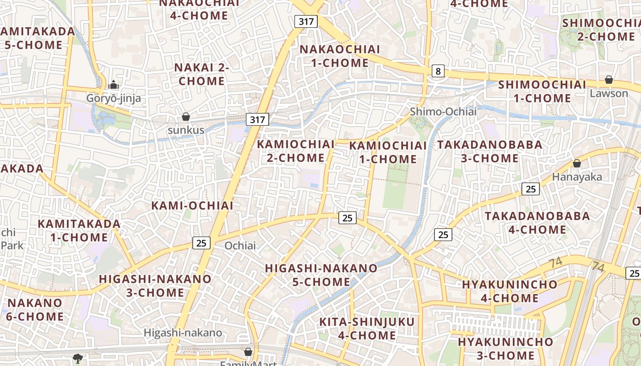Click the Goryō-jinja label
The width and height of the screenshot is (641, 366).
[x=114, y=98]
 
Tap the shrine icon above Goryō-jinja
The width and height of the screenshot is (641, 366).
[x=114, y=85]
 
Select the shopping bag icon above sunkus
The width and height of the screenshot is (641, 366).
[x=186, y=117]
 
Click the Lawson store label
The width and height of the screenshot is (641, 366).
[x=609, y=93]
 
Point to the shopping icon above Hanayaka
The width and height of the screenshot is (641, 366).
[x=577, y=163]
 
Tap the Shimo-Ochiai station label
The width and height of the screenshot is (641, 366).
[x=443, y=112]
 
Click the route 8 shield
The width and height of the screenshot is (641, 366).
[x=438, y=71]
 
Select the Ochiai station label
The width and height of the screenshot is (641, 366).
[x=240, y=246]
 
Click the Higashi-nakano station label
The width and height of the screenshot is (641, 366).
[x=183, y=333]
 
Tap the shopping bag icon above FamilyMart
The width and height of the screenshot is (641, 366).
[x=248, y=352]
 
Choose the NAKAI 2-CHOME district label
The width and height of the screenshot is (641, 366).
[x=201, y=74]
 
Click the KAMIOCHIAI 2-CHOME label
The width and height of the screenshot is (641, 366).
[x=296, y=151]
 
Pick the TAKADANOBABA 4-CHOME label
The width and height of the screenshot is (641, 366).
[x=538, y=222]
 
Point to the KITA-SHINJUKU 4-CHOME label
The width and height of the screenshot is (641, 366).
[x=367, y=328]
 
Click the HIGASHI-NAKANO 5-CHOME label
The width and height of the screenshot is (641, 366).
[x=321, y=274]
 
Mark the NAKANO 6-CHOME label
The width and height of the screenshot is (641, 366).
[x=35, y=309]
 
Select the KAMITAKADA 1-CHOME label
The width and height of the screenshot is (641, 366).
[x=79, y=231]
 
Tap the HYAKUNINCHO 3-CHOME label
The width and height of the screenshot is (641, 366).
[x=505, y=349]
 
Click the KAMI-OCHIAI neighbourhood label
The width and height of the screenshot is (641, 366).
[x=192, y=205]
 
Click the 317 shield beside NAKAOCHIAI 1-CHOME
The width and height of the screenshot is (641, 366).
[x=306, y=21]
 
